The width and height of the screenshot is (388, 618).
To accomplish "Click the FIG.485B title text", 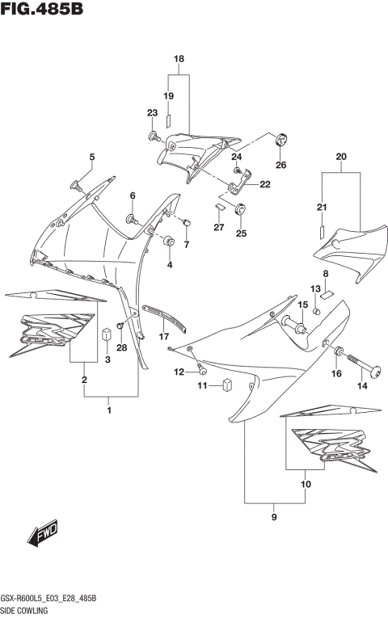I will [42, 10].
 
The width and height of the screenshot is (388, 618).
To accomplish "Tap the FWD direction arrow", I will [40, 532].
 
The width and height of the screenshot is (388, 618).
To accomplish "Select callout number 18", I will [179, 60].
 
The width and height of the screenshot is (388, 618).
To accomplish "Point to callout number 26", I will [280, 166].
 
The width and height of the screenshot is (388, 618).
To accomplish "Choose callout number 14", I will [362, 386].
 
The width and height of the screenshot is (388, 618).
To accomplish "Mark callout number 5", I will [91, 157].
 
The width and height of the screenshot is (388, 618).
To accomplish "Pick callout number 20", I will [340, 156].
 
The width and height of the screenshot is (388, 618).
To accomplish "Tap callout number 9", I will [274, 517].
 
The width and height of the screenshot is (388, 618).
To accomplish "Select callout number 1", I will [109, 410].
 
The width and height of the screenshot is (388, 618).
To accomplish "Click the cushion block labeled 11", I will [229, 385].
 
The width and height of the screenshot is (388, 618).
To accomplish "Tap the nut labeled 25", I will [240, 209].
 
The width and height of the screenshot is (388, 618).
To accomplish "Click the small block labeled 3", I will [106, 334].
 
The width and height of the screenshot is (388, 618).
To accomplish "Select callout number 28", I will [122, 348].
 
